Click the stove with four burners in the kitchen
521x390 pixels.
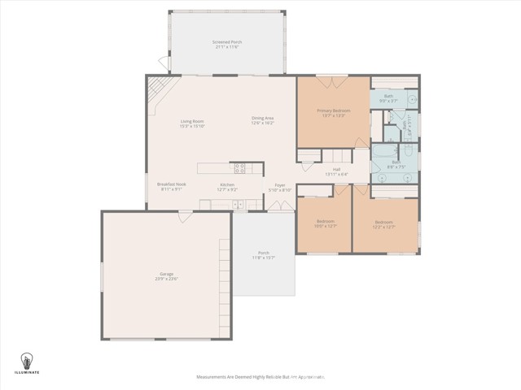click(x=240, y=168)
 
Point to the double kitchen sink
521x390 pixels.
click(x=238, y=204)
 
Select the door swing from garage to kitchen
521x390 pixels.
click(x=186, y=215)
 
